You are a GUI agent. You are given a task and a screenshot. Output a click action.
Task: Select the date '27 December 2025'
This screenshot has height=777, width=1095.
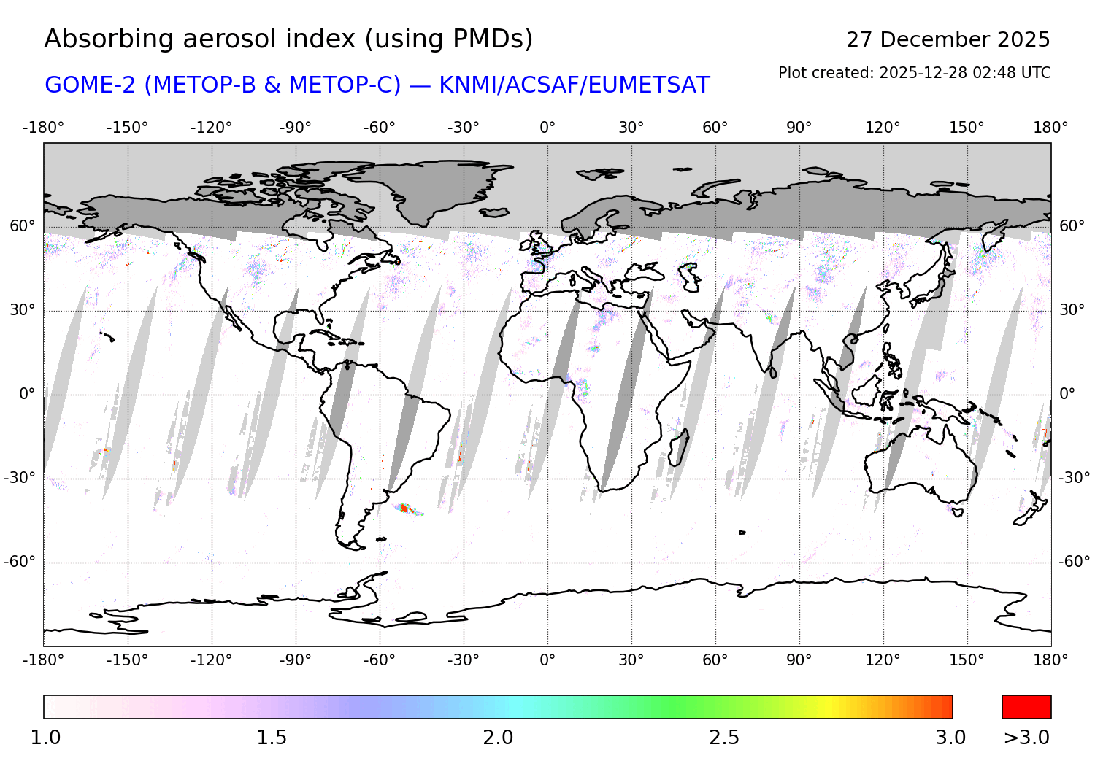click(x=948, y=39)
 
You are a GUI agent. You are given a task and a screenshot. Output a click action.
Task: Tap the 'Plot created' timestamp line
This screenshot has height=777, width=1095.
click(x=914, y=73)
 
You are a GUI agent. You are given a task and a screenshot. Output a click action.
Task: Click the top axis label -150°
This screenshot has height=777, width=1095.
click(x=127, y=128)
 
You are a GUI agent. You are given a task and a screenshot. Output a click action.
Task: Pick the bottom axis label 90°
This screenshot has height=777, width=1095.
click(x=799, y=660)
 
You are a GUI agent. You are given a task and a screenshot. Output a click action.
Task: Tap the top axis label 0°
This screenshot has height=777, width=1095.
click(x=547, y=128)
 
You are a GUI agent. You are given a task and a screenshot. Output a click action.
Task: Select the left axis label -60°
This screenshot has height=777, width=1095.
click(x=20, y=562)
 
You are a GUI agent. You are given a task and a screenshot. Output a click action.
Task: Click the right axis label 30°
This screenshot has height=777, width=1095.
click(x=1072, y=310)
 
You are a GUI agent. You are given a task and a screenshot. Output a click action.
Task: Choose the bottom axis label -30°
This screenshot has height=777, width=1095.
click(x=463, y=660)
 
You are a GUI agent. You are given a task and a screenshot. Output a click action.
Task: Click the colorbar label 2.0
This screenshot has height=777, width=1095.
click(x=498, y=738)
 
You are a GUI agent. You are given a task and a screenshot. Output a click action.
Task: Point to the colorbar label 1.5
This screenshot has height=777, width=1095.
click(x=272, y=738)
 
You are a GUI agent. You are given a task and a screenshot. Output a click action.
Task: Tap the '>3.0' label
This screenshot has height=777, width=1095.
click(x=1026, y=738)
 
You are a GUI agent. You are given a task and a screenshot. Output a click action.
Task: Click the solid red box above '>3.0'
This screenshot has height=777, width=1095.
click(x=1026, y=707)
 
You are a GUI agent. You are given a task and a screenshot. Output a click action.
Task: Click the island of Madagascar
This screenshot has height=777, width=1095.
click(x=678, y=447)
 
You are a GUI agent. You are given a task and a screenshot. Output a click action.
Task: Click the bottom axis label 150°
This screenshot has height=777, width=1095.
click(x=967, y=660)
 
